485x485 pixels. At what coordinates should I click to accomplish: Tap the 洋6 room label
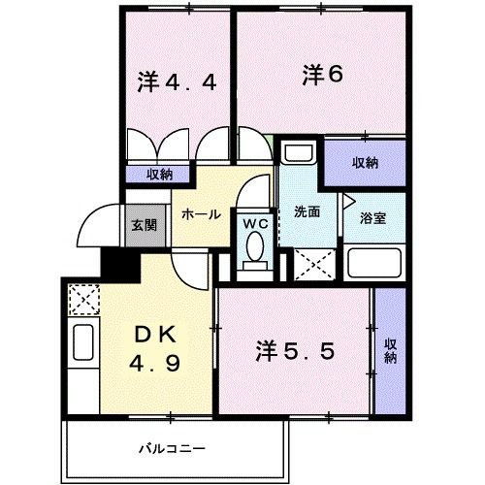point(323,74)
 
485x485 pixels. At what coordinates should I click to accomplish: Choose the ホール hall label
point(201,214)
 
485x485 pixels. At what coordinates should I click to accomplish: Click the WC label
point(255,223)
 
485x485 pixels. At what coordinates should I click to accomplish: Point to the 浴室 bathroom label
point(372,217)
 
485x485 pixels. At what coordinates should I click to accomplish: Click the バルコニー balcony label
point(171,450)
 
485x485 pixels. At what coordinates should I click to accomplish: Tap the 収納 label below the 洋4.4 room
point(160,175)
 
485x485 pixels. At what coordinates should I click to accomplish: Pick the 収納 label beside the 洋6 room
point(365,162)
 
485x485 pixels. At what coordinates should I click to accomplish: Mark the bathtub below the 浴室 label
point(374,263)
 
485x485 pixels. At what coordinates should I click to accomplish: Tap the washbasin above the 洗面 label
point(299,154)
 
